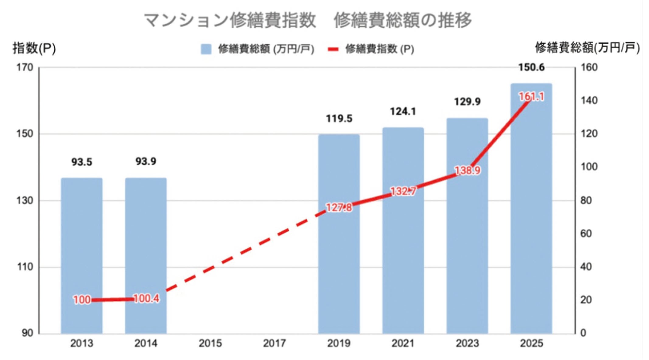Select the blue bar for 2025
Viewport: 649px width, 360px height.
pyautogui.click(x=531, y=213)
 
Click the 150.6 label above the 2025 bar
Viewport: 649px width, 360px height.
pyautogui.click(x=531, y=67)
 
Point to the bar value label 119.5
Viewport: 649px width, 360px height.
pyautogui.click(x=339, y=119)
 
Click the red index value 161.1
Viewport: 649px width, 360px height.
pyautogui.click(x=531, y=97)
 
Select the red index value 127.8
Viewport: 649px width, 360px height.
pyautogui.click(x=339, y=208)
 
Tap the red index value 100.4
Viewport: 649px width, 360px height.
pyautogui.click(x=146, y=299)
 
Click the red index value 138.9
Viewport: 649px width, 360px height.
pyautogui.click(x=467, y=170)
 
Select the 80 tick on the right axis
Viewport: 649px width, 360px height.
pyautogui.click(x=586, y=200)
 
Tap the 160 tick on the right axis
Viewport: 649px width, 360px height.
pyautogui.click(x=589, y=67)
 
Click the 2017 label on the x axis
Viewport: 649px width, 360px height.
pyautogui.click(x=274, y=343)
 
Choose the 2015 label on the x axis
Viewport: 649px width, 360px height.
pyautogui.click(x=210, y=343)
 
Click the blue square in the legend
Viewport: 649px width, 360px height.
pyautogui.click(x=206, y=49)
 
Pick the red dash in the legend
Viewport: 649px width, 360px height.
pyautogui.click(x=333, y=49)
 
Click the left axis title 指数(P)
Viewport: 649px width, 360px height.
pyautogui.click(x=34, y=48)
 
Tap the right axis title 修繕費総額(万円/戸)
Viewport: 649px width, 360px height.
pyautogui.click(x=587, y=48)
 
